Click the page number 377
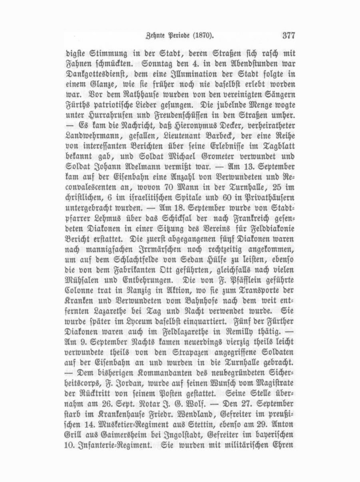[x=288, y=36]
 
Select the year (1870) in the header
[x=207, y=36]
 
